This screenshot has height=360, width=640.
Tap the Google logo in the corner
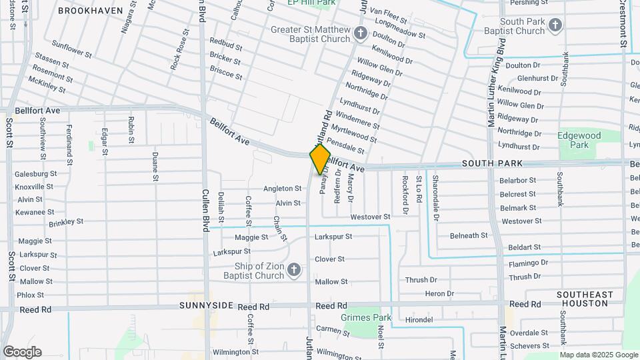[x=22, y=352]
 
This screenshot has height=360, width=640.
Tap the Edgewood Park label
[x=579, y=140]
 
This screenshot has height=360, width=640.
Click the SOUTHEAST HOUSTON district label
[x=585, y=299]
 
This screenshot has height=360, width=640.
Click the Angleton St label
[x=283, y=189]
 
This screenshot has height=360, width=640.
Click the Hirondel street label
[x=419, y=320]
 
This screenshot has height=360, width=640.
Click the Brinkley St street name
[x=66, y=221]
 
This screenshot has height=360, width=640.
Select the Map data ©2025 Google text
[x=599, y=355]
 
